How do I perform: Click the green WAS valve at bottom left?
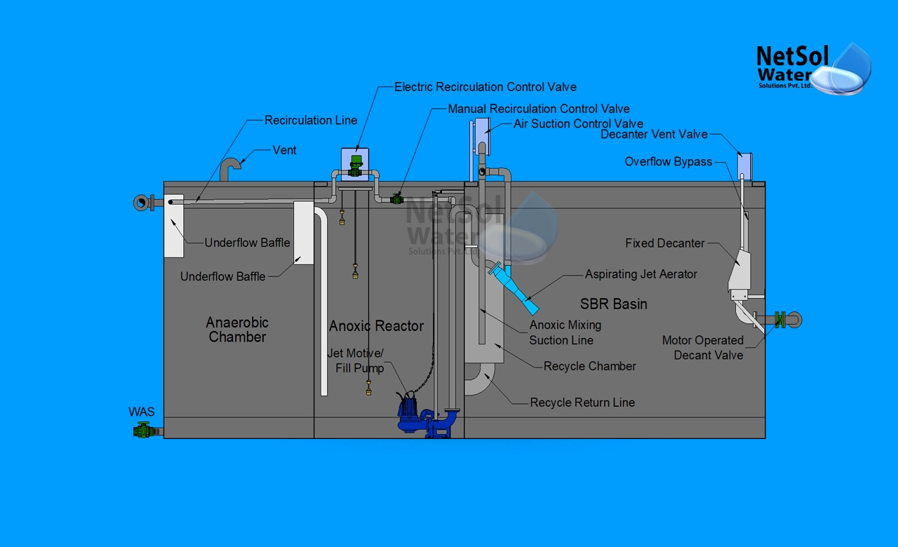click(x=144, y=431)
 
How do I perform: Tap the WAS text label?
click(x=141, y=412)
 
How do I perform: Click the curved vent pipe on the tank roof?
click(x=229, y=168)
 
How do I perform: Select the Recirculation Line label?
click(x=311, y=121)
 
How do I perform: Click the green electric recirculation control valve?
click(x=356, y=167)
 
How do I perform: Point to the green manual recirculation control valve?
click(x=397, y=198)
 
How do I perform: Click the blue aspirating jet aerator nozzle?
click(x=516, y=288)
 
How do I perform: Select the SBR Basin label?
click(x=613, y=304)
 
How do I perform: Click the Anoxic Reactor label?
click(x=376, y=326)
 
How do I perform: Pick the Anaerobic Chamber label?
click(x=237, y=330)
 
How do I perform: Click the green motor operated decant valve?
click(x=779, y=320)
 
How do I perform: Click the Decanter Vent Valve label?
click(x=654, y=135)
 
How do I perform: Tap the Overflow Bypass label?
click(x=668, y=162)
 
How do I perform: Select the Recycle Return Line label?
click(x=582, y=403)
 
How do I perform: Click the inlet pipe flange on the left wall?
click(x=142, y=203)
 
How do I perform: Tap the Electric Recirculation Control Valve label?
click(x=485, y=87)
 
